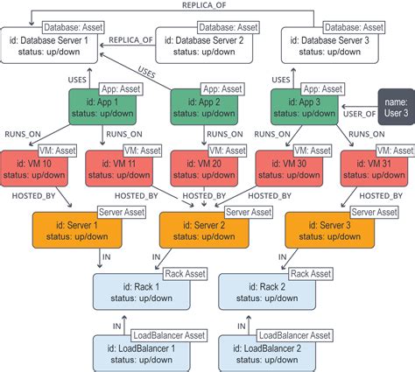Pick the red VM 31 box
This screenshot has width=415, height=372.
pos(374,168)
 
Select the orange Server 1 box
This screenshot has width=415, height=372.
pos(79,230)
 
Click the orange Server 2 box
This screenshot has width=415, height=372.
pos(204,230)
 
